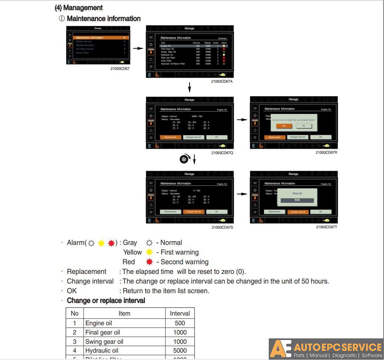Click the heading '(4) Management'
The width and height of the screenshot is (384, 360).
pos(79,8)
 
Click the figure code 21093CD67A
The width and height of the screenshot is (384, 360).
pos(222,82)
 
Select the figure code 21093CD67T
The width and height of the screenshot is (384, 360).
pos(326,227)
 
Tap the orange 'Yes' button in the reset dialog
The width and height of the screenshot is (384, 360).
pos(284,126)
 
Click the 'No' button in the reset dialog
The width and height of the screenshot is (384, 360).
pos(304,126)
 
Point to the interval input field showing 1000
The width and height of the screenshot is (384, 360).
pos(297,200)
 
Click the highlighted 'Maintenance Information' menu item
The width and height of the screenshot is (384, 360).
pos(100,37)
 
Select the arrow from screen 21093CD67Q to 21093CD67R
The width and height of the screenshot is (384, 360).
pos(242,120)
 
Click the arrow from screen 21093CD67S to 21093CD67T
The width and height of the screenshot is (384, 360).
pos(242,194)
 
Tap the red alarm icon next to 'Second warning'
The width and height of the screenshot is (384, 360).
pos(149,262)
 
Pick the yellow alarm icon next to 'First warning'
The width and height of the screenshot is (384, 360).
pos(149,252)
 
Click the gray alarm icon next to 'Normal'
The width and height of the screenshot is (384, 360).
pos(149,243)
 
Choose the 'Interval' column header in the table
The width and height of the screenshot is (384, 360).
pos(180,314)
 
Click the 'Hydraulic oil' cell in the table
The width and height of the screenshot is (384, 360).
pos(102,351)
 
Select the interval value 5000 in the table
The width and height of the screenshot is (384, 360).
pos(180,351)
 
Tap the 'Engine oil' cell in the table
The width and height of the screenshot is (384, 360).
pos(99,323)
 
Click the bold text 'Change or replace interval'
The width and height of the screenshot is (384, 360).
pos(106,301)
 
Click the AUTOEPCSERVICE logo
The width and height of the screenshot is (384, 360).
pos(326,349)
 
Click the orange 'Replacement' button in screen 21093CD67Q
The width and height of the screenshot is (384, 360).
pos(170,137)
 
